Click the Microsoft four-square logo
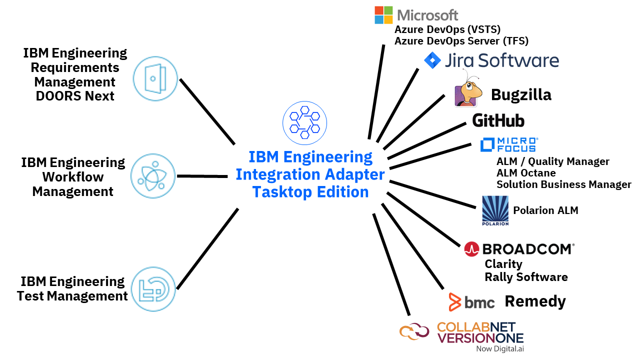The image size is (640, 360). [384, 15]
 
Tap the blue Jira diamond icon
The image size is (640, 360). [432, 60]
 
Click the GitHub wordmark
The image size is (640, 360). [498, 120]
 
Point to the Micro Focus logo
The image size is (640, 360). [508, 144]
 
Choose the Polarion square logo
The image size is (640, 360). [495, 210]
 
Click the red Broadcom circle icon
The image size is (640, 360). [471, 249]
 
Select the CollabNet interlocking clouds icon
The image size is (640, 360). [414, 331]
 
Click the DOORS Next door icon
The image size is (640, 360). [155, 78]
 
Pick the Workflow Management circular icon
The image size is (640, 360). [153, 176]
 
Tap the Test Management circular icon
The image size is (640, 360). [153, 289]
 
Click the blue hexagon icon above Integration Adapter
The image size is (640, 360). [304, 123]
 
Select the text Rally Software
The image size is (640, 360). [526, 277]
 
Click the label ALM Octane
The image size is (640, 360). [526, 173]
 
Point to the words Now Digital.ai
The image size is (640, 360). [500, 348]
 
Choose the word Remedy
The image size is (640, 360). [535, 301]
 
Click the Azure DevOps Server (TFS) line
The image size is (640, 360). [461, 41]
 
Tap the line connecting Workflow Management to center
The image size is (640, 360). [202, 176]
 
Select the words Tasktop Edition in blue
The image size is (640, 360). [310, 192]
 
